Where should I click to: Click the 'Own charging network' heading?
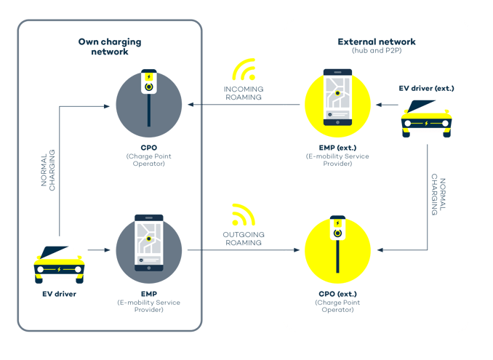(x=109, y=47)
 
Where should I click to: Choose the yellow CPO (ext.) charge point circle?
(x=337, y=250)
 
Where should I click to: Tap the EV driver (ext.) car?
(x=427, y=116)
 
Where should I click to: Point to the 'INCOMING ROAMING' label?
(x=243, y=92)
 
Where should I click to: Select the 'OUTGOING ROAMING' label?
(x=243, y=238)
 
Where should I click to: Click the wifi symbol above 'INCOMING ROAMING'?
(x=244, y=70)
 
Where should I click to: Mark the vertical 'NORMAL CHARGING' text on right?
(x=436, y=194)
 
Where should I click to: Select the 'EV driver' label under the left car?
(x=60, y=295)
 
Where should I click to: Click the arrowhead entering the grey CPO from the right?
(x=191, y=105)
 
